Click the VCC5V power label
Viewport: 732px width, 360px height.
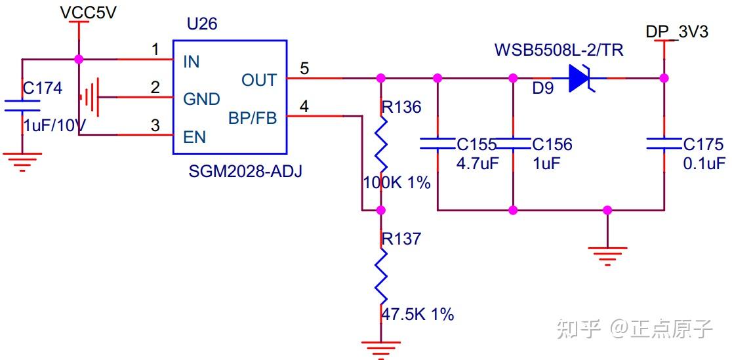pos(88,13)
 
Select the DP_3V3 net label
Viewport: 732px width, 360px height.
pos(676,31)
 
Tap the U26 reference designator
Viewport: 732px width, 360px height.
pos(201,25)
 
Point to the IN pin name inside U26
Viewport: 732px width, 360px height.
pos(192,62)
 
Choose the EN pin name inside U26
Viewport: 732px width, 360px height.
pos(195,137)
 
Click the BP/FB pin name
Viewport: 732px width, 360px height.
pos(253,118)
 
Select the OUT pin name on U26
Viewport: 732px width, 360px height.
pos(259,80)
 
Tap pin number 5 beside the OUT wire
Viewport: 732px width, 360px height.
pos(304,68)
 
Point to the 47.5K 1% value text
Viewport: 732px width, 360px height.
pos(418,314)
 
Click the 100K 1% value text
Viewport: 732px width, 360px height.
pos(397,183)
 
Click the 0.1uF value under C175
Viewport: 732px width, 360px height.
pos(704,163)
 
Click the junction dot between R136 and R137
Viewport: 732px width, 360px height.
pos(380,210)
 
